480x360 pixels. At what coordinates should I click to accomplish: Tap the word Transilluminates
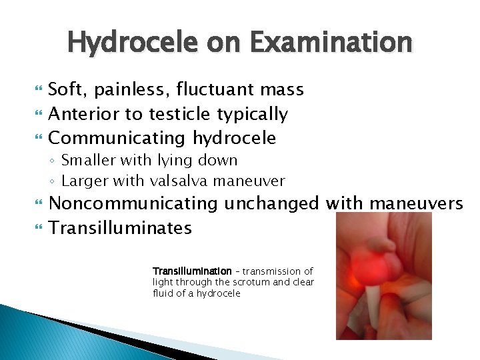click(x=121, y=228)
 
